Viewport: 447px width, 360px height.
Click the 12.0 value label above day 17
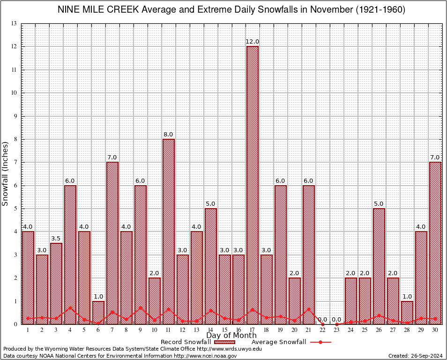click(253, 42)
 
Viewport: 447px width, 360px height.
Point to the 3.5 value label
click(56, 239)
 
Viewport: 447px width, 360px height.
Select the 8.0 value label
click(168, 135)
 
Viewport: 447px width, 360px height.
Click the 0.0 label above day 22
click(322, 320)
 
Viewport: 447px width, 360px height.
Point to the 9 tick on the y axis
click(15, 116)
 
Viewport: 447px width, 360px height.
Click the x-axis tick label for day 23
click(337, 330)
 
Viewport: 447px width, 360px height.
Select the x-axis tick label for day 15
click(224, 330)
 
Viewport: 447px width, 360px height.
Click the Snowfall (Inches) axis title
click(6, 173)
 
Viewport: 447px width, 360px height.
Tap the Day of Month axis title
click(231, 336)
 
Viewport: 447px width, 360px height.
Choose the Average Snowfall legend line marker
click(320, 342)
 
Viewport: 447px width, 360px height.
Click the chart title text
click(231, 10)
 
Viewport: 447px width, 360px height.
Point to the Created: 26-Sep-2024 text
click(415, 356)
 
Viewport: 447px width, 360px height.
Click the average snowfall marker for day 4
click(70, 308)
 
